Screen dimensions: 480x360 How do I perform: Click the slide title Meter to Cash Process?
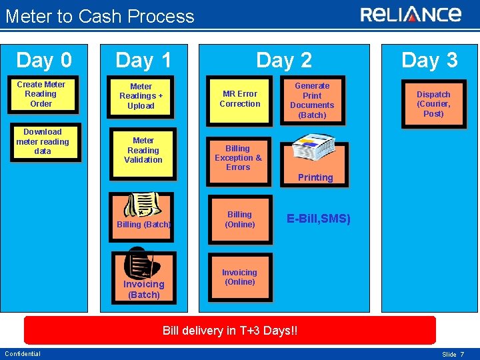click(x=100, y=17)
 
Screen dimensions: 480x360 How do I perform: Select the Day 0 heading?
click(x=44, y=61)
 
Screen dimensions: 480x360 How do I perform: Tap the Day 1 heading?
click(x=143, y=61)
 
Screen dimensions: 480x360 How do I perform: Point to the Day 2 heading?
click(x=284, y=61)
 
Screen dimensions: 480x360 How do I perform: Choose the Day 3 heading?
click(x=429, y=61)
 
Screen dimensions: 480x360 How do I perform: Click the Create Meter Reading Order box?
click(x=41, y=94)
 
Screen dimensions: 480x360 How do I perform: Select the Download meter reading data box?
click(x=42, y=141)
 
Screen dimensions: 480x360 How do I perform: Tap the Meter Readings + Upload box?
click(x=141, y=96)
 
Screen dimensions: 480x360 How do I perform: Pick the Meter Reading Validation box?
click(x=143, y=151)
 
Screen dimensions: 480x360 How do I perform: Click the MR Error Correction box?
click(x=240, y=99)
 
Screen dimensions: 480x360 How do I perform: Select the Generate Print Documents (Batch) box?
click(x=312, y=100)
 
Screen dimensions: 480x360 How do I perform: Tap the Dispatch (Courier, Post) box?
click(x=433, y=103)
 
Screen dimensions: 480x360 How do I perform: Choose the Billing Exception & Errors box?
click(x=238, y=158)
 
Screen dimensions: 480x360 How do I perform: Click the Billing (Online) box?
click(x=240, y=220)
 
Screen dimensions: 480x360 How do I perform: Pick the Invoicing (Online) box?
click(x=239, y=277)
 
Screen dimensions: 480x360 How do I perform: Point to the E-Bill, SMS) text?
click(x=319, y=219)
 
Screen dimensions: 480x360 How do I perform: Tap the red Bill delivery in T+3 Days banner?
click(x=230, y=331)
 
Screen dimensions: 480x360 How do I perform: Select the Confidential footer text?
click(x=23, y=353)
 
